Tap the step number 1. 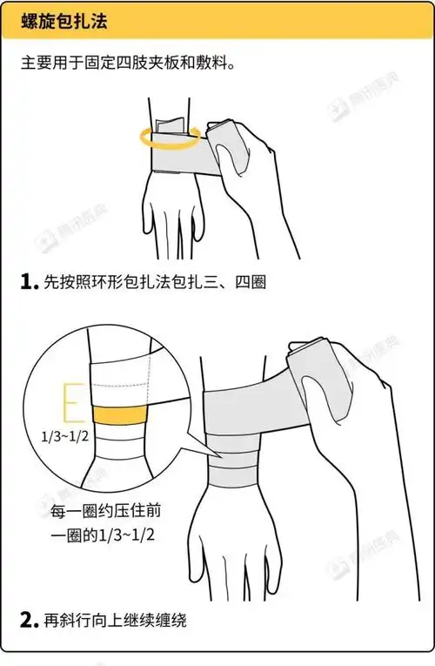(x=26, y=282)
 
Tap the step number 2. (x=27, y=620)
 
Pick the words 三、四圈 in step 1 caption (x=234, y=283)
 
